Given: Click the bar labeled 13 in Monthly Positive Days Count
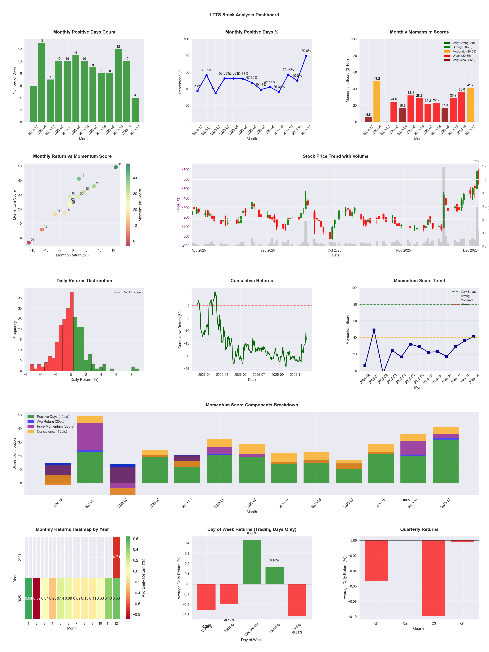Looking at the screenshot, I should (x=42, y=83).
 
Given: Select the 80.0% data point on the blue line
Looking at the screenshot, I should (x=306, y=56).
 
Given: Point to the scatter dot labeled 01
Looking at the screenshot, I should (x=116, y=167).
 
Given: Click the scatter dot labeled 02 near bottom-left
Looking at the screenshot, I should (x=29, y=243).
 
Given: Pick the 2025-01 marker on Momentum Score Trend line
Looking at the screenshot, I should (x=374, y=330).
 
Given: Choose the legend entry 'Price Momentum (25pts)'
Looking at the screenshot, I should (x=55, y=427).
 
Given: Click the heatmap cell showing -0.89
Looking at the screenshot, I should (x=37, y=598).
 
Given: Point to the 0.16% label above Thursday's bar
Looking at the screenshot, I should (x=274, y=560).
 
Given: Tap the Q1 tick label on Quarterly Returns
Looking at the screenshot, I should (x=376, y=623).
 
